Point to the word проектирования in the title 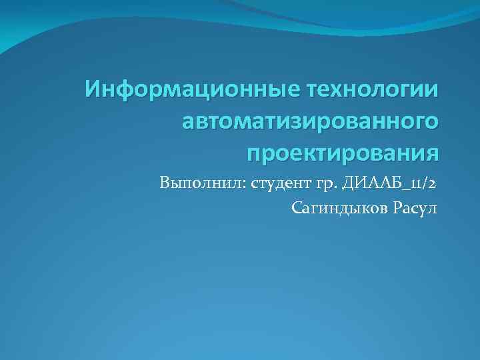click(343, 153)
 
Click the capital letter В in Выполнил click(165, 183)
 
